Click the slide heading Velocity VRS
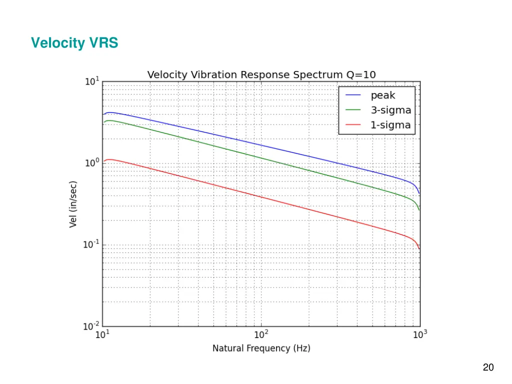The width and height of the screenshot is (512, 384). (x=74, y=43)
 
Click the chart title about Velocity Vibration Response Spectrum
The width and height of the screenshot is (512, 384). (x=261, y=75)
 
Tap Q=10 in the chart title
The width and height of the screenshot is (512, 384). (x=361, y=75)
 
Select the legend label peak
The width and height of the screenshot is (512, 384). (x=382, y=95)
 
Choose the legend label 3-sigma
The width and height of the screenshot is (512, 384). (x=390, y=110)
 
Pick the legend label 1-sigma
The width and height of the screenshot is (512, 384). (x=390, y=125)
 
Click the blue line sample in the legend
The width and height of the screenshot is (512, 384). (x=353, y=95)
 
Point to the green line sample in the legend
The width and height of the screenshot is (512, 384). (x=353, y=110)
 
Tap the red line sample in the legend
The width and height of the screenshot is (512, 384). (x=353, y=125)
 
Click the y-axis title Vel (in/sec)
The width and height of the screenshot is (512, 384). (x=73, y=204)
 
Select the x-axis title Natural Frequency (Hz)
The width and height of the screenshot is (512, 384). (x=261, y=348)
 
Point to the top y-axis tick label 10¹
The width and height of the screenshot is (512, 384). (x=92, y=82)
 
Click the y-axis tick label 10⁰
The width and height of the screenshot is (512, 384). (x=92, y=163)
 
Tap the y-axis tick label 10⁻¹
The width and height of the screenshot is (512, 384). (x=91, y=245)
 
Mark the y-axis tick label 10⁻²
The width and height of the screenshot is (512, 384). (x=91, y=327)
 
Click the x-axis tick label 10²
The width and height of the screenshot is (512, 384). (x=261, y=335)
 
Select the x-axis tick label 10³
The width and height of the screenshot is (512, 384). (x=419, y=335)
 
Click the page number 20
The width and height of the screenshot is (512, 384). (x=488, y=368)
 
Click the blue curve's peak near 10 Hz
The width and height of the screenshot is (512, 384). (x=110, y=112)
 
